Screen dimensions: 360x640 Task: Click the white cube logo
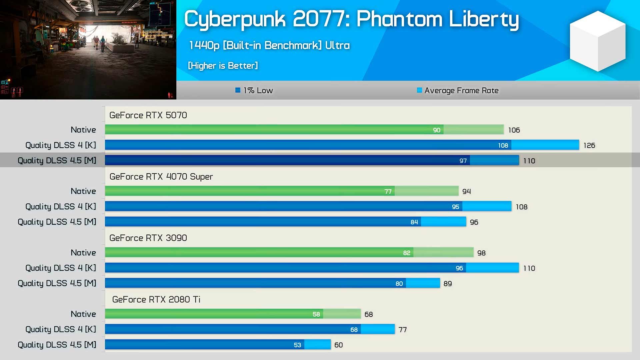coord(598,41)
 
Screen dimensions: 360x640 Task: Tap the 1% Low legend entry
coord(254,90)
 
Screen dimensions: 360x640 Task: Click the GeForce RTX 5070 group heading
coord(148,115)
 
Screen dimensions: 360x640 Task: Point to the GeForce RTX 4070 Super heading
coord(161,177)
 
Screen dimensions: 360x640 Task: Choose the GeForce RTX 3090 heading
coord(148,238)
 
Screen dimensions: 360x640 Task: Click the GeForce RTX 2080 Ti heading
coord(156,299)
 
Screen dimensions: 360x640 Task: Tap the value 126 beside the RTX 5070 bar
coord(589,145)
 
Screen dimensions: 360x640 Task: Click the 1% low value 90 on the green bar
coord(437,130)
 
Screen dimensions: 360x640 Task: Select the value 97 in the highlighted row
coord(463,161)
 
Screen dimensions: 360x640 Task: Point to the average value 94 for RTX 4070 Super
coord(466,191)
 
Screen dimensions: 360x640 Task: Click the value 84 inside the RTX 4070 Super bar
coord(414,222)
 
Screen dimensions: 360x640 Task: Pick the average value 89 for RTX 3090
coord(447,284)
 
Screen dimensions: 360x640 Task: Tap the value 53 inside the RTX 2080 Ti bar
coord(297,345)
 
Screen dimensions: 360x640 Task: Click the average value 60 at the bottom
coord(338,345)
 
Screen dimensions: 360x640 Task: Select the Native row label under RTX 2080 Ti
coord(83,314)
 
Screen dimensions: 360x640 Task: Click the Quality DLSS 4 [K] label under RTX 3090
coord(61,268)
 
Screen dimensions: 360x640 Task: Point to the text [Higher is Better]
coord(223,66)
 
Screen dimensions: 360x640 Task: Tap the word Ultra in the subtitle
coord(337,45)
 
